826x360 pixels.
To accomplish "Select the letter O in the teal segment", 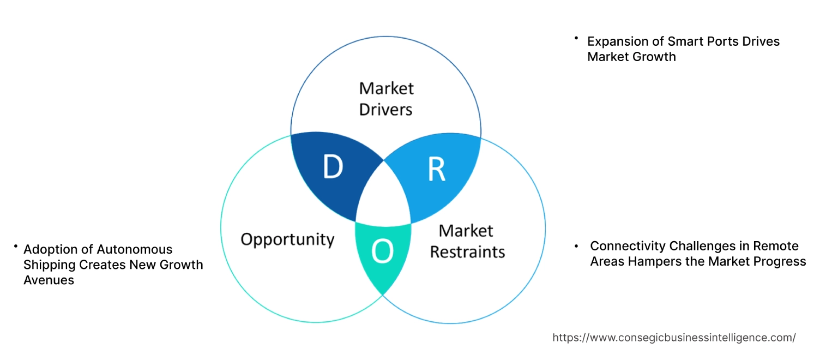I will coord(382,251).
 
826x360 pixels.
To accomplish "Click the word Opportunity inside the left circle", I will coord(287,239).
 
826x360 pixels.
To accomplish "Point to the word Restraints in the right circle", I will coord(467,252).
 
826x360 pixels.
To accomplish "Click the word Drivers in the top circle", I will coord(386,109).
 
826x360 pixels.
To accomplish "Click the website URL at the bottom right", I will coord(674,338).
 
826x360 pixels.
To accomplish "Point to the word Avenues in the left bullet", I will coord(49,280).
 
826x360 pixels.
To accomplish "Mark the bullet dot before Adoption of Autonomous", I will coord(16,247).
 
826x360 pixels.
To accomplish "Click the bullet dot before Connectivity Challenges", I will coord(576,247).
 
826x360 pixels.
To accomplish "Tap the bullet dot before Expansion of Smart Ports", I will coord(575,39).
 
